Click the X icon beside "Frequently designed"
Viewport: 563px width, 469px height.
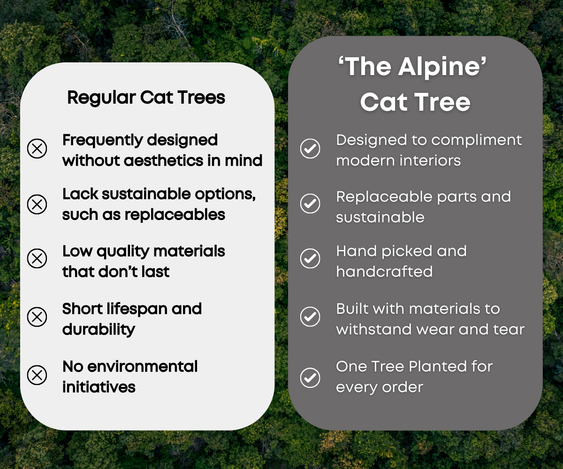pos(37,149)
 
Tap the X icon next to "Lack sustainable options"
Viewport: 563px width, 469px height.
pos(37,204)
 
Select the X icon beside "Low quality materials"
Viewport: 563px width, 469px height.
pos(37,258)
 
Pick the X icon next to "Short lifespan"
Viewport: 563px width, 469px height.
pos(37,317)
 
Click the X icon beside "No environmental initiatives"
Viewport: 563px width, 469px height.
pos(37,375)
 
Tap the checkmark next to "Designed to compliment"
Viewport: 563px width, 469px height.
pos(310,149)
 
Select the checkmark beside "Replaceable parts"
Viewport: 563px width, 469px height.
pos(310,204)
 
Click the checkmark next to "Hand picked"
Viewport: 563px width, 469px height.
pos(310,258)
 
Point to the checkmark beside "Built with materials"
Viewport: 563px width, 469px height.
pos(310,317)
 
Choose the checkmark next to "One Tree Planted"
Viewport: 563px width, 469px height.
pos(310,378)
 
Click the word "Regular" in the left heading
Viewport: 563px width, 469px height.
pos(101,98)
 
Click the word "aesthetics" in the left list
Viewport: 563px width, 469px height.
pos(163,161)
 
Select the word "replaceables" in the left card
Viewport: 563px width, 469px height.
pos(175,215)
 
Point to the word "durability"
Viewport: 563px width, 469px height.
pos(99,330)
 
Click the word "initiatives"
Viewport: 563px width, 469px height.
pos(99,387)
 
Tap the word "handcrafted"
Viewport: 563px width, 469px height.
pos(385,272)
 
